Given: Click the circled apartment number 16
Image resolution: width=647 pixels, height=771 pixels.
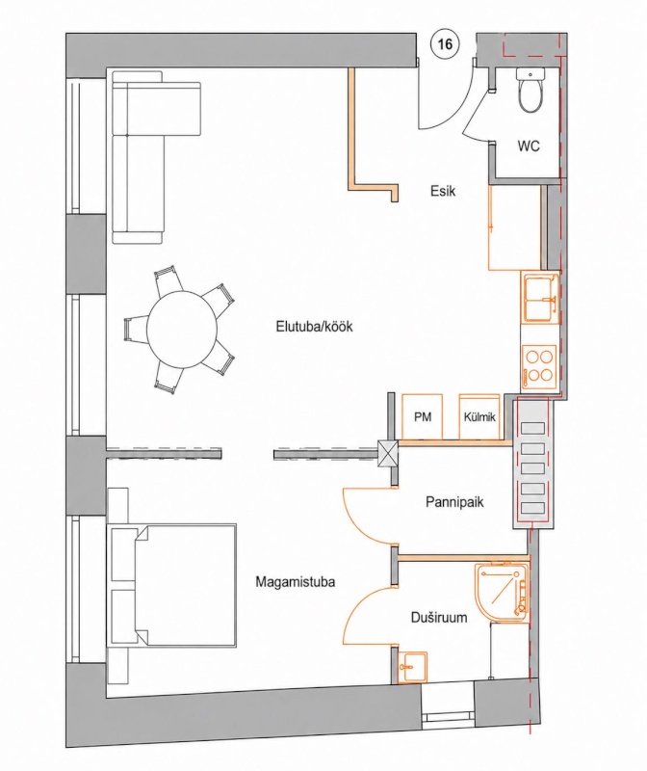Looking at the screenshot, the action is click(x=445, y=44).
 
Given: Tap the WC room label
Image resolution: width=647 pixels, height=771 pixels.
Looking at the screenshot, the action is click(x=528, y=146).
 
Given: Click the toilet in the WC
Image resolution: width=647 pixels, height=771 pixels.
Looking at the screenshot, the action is click(x=531, y=89).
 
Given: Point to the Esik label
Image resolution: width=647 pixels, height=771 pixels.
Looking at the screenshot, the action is click(x=443, y=191).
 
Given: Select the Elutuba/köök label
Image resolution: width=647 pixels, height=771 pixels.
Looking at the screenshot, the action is click(x=315, y=327).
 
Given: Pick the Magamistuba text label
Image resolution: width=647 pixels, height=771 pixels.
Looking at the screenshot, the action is click(x=296, y=582).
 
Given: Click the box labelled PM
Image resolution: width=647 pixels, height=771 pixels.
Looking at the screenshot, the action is click(x=423, y=417).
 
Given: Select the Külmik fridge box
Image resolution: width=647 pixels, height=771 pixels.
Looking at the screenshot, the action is click(x=479, y=417).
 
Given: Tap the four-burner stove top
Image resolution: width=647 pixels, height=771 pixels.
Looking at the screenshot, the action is click(x=539, y=367).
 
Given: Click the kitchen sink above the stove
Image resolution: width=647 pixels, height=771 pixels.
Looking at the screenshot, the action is click(x=540, y=299).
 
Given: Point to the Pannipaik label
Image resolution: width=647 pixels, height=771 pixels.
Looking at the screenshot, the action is click(x=454, y=502).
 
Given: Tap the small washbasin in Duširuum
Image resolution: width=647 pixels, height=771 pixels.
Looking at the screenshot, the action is click(x=413, y=668).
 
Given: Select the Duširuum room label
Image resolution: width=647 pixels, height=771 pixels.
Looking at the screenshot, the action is click(x=439, y=617).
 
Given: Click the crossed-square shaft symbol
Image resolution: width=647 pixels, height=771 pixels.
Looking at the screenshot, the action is click(x=388, y=453).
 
